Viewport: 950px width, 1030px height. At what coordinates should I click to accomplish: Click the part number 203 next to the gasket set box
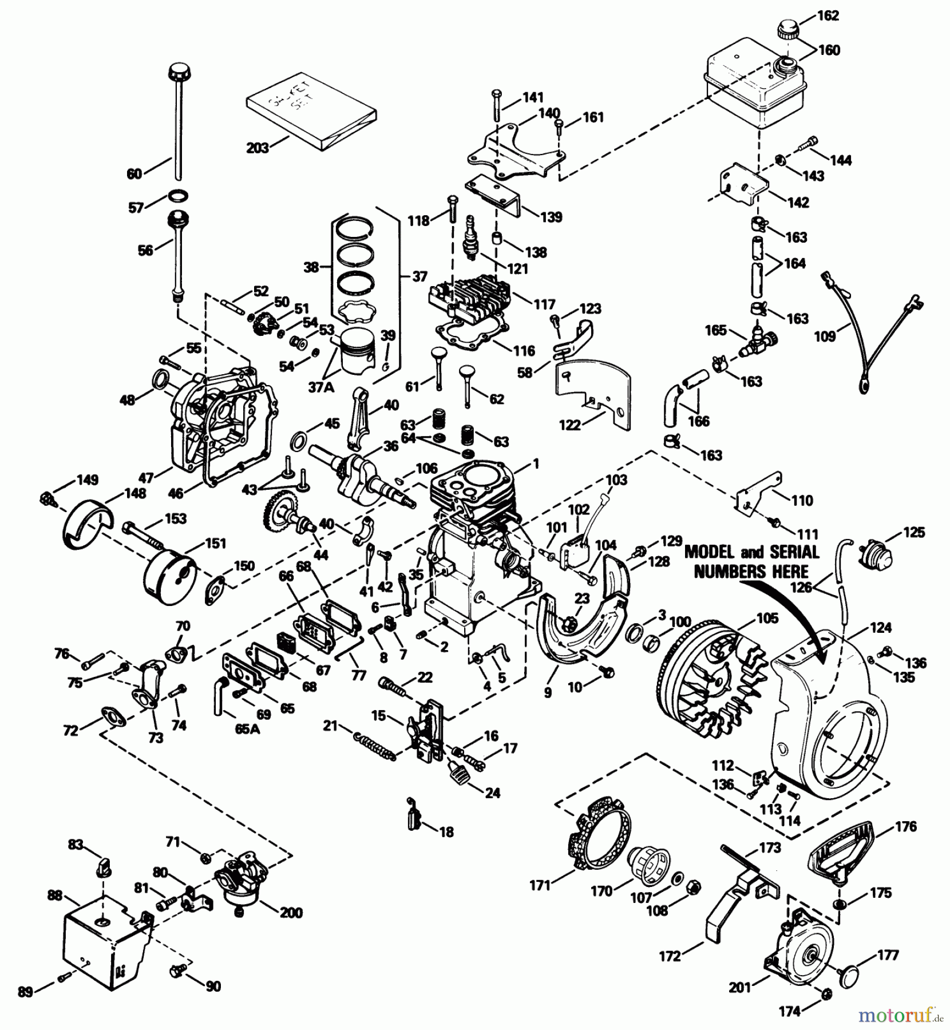pyautogui.click(x=258, y=148)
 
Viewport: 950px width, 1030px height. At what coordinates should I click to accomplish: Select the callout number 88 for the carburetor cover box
pyautogui.click(x=56, y=895)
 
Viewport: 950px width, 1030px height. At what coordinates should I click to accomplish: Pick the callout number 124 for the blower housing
pyautogui.click(x=881, y=628)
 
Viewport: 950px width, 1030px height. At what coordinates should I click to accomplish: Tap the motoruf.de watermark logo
pyautogui.click(x=898, y=1016)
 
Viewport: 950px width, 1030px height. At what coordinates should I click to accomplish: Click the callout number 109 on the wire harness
pyautogui.click(x=825, y=336)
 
